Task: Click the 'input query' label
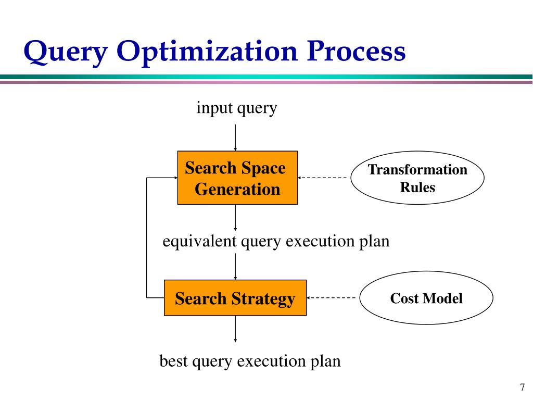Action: (236, 108)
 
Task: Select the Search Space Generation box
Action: (237, 178)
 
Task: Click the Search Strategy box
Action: (235, 298)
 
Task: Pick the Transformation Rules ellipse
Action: (417, 178)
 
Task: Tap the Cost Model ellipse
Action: (426, 298)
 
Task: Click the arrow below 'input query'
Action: (236, 136)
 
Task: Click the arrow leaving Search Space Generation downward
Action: (236, 217)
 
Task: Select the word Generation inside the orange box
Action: (237, 189)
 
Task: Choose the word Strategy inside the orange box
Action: (263, 298)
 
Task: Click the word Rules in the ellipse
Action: (417, 187)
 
